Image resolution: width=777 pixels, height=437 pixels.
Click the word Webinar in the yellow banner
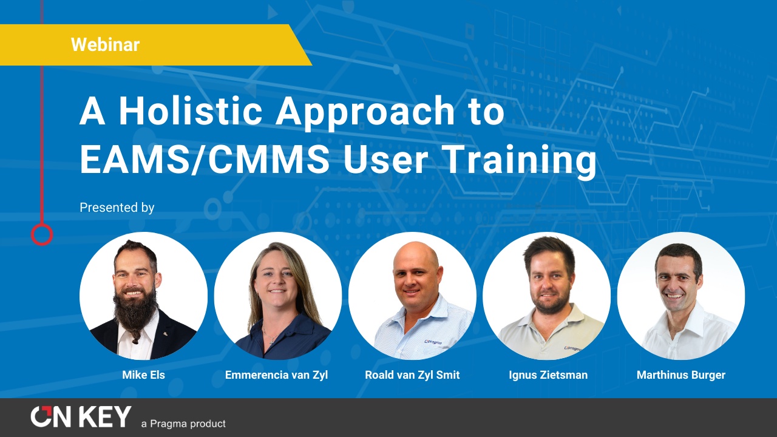105,44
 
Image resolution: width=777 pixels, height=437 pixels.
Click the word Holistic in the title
190,112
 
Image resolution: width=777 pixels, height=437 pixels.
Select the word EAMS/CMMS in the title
205,160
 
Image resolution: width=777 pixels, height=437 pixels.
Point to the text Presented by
117,208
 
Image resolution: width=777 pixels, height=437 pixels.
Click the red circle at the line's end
42,234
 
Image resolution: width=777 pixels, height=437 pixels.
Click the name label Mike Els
143,375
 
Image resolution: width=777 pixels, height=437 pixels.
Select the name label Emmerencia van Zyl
276,375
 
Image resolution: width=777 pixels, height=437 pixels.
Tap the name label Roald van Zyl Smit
412,375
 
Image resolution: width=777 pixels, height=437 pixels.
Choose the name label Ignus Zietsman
548,375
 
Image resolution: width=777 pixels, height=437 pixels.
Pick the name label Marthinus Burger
680,375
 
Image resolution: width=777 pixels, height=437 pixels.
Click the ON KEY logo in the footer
81,417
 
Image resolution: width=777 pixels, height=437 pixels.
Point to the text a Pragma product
183,424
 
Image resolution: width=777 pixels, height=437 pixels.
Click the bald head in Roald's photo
416,255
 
